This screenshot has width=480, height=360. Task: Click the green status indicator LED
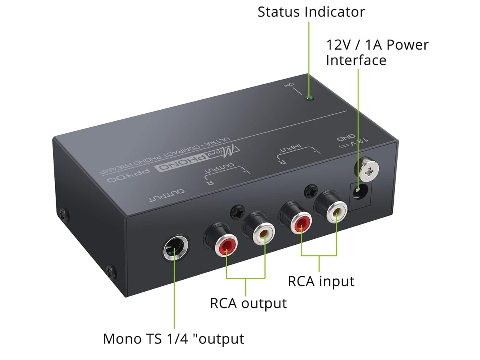click(x=308, y=98)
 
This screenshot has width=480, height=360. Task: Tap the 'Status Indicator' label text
click(x=311, y=12)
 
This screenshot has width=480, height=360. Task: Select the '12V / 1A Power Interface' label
click(x=376, y=52)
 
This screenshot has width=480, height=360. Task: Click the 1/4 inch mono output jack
click(x=175, y=250)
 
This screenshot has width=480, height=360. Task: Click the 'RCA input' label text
click(x=321, y=281)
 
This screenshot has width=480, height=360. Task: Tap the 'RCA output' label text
click(x=248, y=303)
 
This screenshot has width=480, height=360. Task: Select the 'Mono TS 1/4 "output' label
click(x=173, y=339)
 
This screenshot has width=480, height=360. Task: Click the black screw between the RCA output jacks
click(x=238, y=211)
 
